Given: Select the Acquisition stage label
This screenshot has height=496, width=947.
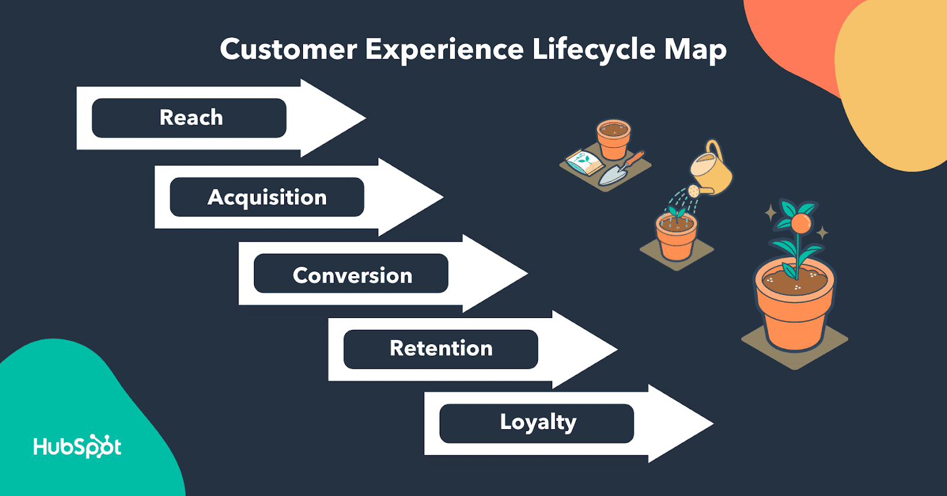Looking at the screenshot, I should (267, 197).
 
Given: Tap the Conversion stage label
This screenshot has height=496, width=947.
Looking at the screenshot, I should (352, 275).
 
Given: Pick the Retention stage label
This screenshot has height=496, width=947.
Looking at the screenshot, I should (441, 348).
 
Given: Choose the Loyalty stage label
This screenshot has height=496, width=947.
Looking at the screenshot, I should (537, 422).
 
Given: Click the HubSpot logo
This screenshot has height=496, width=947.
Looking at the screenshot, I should (78, 446).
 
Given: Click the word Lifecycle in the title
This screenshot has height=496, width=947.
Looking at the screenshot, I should (594, 50).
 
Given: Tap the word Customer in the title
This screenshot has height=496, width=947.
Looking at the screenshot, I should (288, 49).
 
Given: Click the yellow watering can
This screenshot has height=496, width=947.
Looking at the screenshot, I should (712, 170).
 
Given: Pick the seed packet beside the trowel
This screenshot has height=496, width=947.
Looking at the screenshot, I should (585, 161).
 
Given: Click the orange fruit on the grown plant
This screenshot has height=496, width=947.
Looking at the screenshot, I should (801, 223).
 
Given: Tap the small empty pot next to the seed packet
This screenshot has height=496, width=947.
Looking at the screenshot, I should (614, 139).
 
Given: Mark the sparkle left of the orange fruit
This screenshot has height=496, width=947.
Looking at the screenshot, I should (771, 213).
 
